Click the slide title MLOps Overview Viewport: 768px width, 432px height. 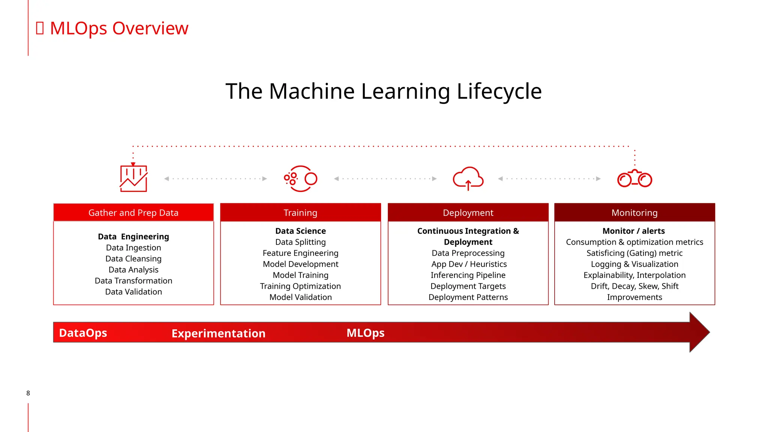pyautogui.click(x=118, y=28)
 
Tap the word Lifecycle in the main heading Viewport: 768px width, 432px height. pyautogui.click(x=499, y=91)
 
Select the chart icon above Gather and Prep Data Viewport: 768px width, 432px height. pyautogui.click(x=133, y=178)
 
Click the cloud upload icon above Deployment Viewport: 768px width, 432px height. pyautogui.click(x=468, y=178)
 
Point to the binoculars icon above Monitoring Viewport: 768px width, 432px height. pyautogui.click(x=634, y=179)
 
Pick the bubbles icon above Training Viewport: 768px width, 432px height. pyautogui.click(x=300, y=178)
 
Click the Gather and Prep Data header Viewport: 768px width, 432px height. pyautogui.click(x=133, y=213)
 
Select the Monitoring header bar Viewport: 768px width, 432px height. pyautogui.click(x=634, y=213)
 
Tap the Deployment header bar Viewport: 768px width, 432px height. pyautogui.click(x=468, y=213)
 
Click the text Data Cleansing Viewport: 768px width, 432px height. pyautogui.click(x=133, y=259)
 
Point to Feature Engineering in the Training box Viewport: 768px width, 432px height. pyautogui.click(x=300, y=253)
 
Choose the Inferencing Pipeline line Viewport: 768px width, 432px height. pyautogui.click(x=468, y=275)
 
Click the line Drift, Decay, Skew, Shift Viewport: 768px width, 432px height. pyautogui.click(x=634, y=286)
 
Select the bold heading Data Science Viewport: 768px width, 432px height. pyautogui.click(x=300, y=231)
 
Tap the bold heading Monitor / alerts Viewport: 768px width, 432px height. pyautogui.click(x=633, y=231)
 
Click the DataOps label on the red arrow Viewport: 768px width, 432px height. pyautogui.click(x=83, y=333)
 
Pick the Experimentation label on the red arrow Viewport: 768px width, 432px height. pyautogui.click(x=218, y=333)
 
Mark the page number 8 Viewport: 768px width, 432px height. pyautogui.click(x=28, y=393)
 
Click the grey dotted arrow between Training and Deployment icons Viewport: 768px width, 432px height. pyautogui.click(x=385, y=178)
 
